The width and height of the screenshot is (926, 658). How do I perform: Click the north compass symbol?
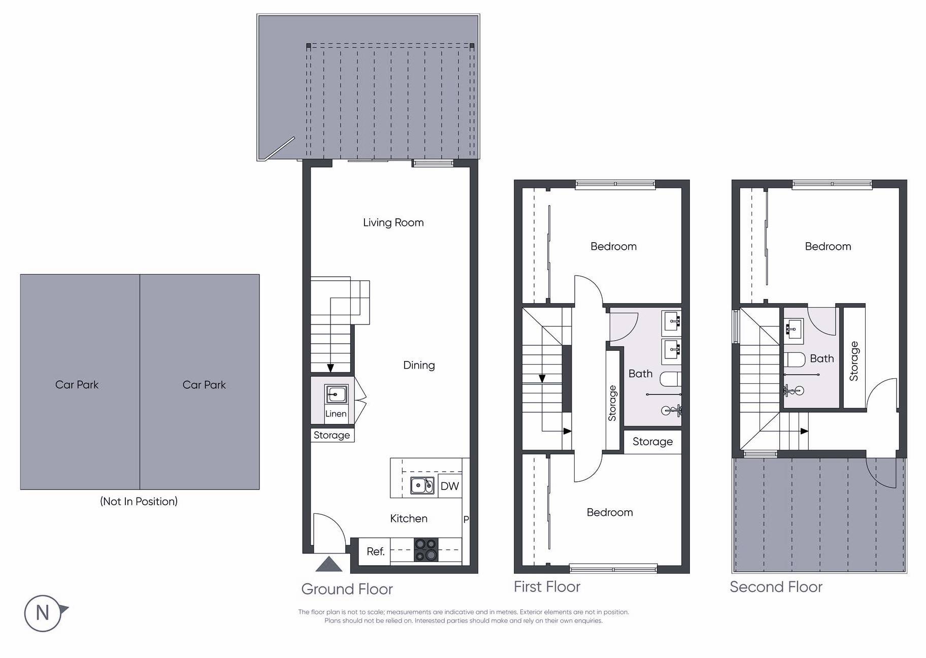(x=43, y=613)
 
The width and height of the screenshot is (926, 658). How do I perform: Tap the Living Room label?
(x=393, y=222)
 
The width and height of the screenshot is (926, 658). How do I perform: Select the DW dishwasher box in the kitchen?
(x=449, y=486)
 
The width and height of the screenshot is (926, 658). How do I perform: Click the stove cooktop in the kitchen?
(x=425, y=550)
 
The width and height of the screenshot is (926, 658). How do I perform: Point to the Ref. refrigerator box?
(x=375, y=551)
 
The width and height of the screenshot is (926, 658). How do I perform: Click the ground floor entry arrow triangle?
(x=329, y=565)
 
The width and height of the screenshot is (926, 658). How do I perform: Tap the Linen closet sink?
(x=336, y=394)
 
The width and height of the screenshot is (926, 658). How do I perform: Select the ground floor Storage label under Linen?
(x=332, y=435)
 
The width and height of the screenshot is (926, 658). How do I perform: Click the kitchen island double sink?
(x=422, y=486)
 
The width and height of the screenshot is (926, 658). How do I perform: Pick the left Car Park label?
(x=77, y=385)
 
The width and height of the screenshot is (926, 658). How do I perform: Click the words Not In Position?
(x=139, y=502)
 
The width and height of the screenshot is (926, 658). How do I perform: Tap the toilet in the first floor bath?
(x=670, y=379)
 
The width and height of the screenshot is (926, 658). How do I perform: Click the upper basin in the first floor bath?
(x=671, y=321)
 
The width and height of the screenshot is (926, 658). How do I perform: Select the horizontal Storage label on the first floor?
(x=652, y=442)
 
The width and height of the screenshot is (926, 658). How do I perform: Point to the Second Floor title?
(x=776, y=587)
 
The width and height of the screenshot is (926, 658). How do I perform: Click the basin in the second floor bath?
(x=793, y=328)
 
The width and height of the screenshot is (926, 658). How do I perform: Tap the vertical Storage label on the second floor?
(x=854, y=361)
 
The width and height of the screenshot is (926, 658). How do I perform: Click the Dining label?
(x=419, y=365)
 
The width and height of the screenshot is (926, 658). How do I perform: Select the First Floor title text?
(x=547, y=587)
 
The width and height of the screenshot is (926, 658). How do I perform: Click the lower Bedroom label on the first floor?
(x=609, y=512)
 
